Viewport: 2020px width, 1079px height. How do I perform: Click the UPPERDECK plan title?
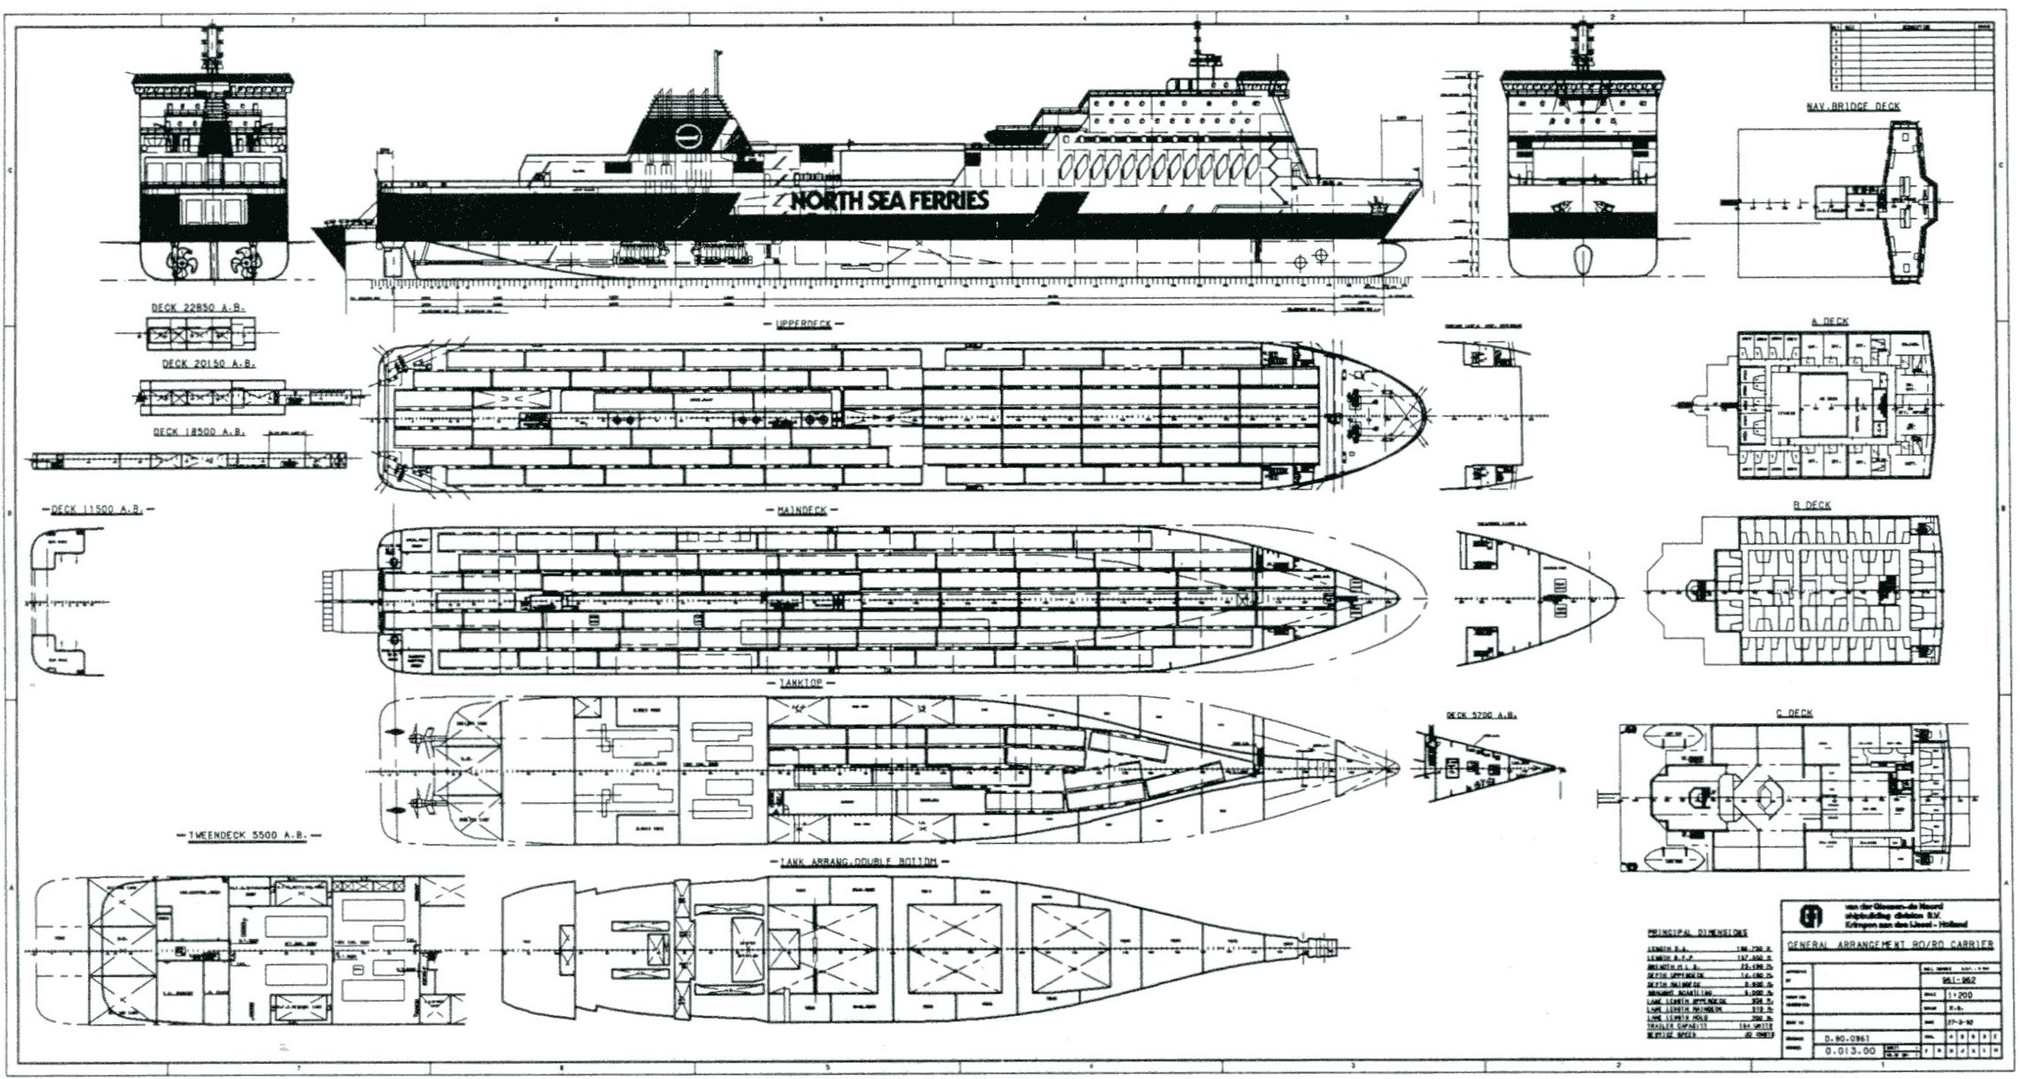pyautogui.click(x=803, y=325)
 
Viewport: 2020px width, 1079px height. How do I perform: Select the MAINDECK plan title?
pyautogui.click(x=802, y=511)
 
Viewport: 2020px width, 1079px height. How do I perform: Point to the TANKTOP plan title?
pyautogui.click(x=801, y=683)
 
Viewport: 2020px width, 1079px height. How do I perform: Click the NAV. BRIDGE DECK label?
pyautogui.click(x=1853, y=106)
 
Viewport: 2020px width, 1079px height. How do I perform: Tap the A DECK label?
pyautogui.click(x=1828, y=322)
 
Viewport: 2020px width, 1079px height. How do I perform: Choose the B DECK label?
pyautogui.click(x=1811, y=506)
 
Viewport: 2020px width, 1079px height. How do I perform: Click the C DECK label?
pyautogui.click(x=1794, y=713)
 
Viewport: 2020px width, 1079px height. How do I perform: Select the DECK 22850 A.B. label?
pyautogui.click(x=197, y=308)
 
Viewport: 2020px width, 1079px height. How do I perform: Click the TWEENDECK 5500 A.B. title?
pyautogui.click(x=254, y=836)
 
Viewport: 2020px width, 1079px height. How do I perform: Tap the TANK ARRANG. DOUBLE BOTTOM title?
pyautogui.click(x=858, y=862)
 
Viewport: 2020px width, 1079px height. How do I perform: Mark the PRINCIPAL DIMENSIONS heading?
pyautogui.click(x=1697, y=933)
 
